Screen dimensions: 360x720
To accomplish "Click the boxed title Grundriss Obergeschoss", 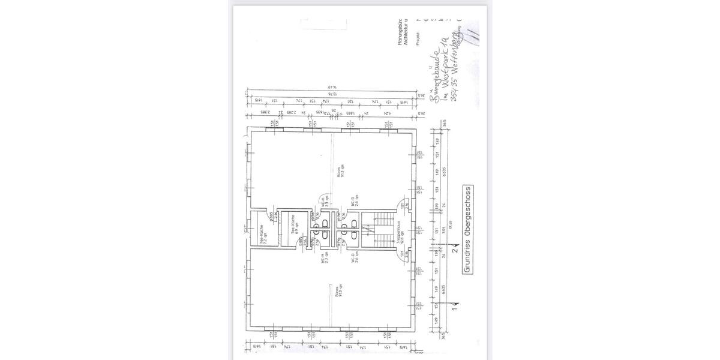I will click(x=466, y=230).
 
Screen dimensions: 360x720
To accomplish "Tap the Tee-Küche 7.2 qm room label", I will click(x=262, y=233).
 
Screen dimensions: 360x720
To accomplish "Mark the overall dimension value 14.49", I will click(x=329, y=88).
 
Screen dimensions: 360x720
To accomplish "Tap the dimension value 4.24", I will click(x=388, y=112).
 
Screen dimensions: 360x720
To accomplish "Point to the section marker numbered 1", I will click(x=455, y=310).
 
